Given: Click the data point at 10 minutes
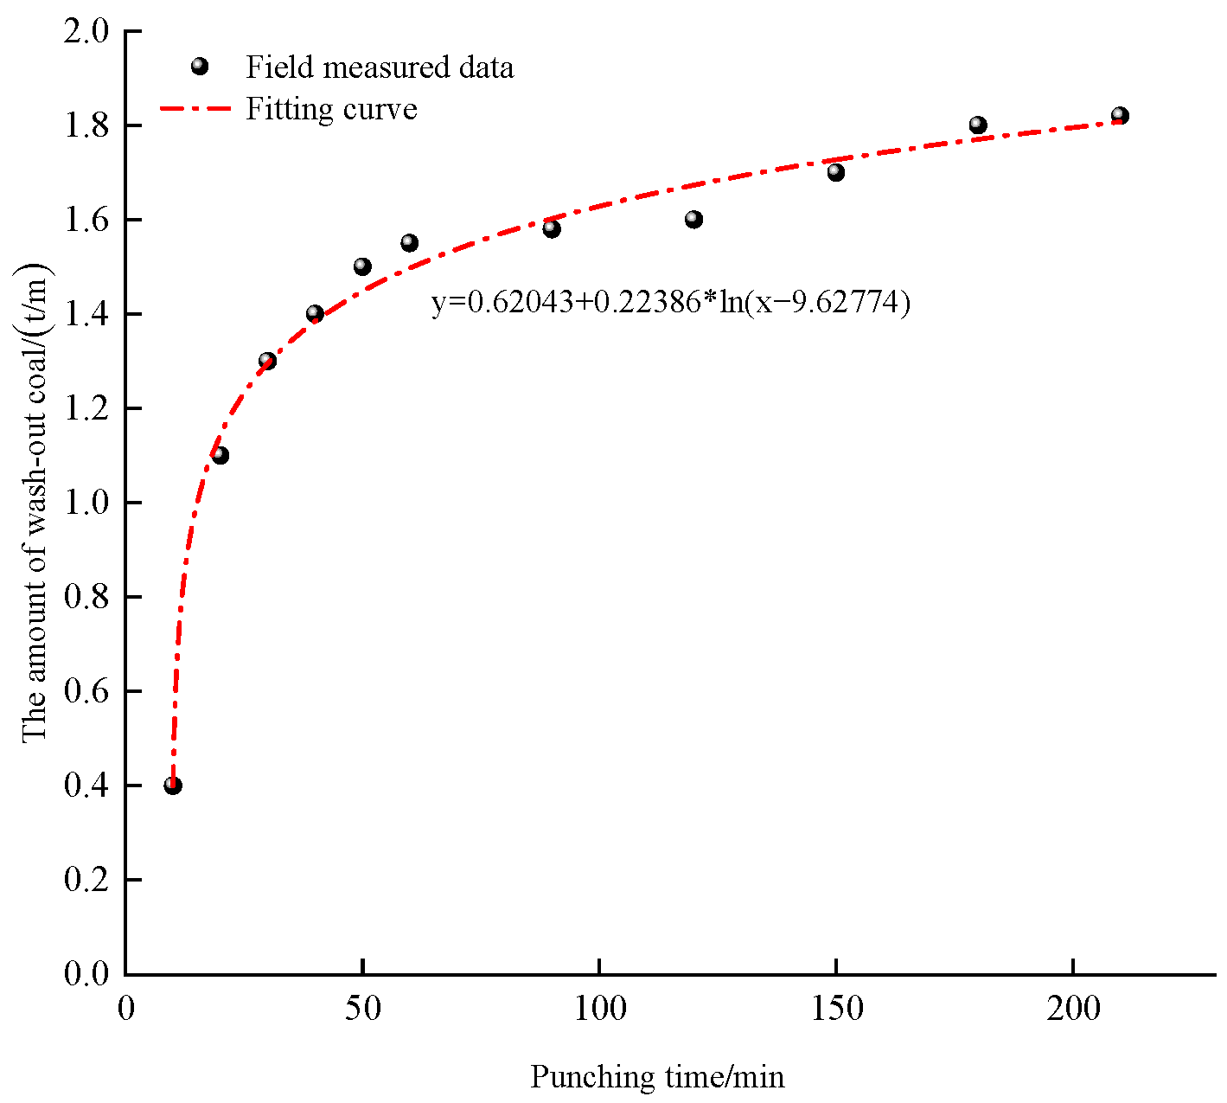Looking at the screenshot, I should (x=173, y=786).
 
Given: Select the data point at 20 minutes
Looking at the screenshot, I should (x=220, y=455).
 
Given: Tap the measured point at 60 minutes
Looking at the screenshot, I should (x=410, y=243).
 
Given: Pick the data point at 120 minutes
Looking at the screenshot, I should (x=693, y=220).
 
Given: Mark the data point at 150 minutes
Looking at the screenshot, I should (x=835, y=172).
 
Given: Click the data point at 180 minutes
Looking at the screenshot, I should (x=978, y=125).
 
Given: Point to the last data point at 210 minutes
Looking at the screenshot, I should (x=1120, y=116).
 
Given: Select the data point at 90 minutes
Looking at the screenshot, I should (x=552, y=229).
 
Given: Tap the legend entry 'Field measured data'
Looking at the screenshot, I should (x=380, y=67).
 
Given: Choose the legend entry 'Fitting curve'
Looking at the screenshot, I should (x=331, y=109).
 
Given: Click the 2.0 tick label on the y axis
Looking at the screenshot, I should (x=87, y=32).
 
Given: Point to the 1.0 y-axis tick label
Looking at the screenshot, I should (x=87, y=503).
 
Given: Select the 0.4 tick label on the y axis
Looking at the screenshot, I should (x=87, y=786).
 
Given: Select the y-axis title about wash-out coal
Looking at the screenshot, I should (x=36, y=502).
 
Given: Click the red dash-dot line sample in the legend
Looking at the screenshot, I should (x=195, y=109).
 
